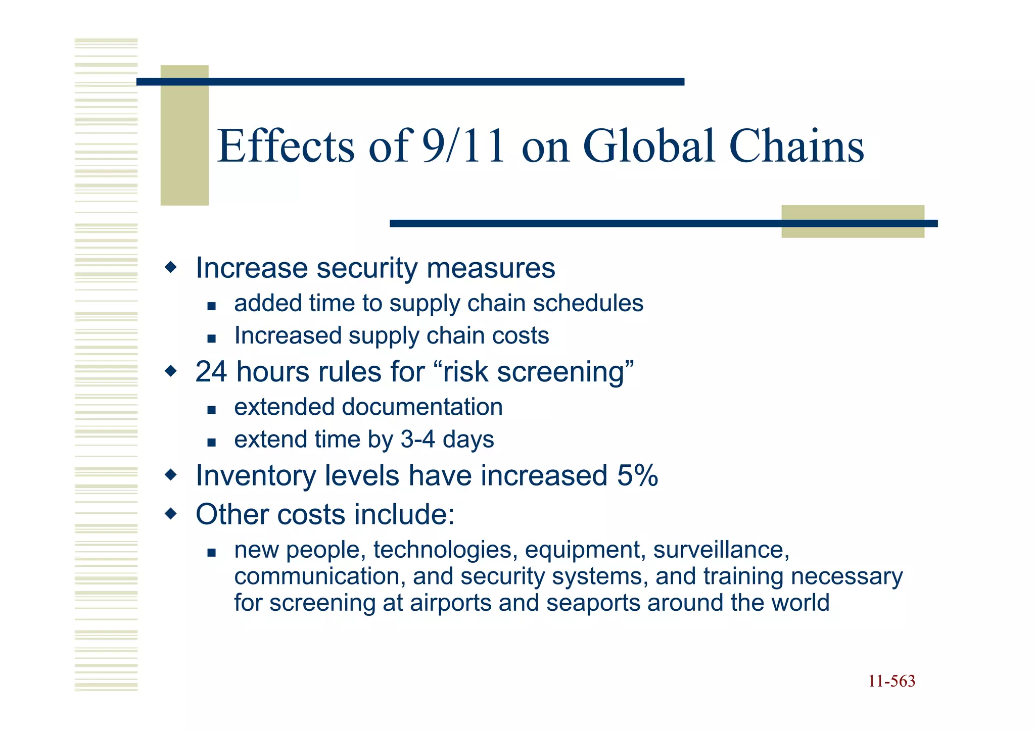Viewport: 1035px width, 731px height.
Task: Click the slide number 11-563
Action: click(x=891, y=681)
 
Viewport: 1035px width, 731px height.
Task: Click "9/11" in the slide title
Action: click(x=463, y=146)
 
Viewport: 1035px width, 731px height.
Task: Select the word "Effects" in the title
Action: click(x=286, y=146)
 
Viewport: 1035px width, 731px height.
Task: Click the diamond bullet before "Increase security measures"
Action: click(x=171, y=267)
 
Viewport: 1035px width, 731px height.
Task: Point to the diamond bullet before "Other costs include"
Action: click(x=171, y=514)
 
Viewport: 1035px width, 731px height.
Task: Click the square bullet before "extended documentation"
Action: click(x=212, y=410)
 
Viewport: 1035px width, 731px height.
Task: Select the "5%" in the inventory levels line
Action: click(x=637, y=475)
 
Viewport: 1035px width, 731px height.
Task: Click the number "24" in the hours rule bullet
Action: click(x=211, y=372)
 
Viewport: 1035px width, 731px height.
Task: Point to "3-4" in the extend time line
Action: click(x=417, y=439)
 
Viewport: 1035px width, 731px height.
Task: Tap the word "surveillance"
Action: click(x=721, y=550)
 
